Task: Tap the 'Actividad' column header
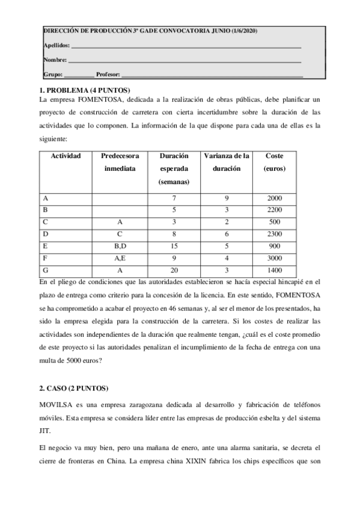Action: click(x=66, y=156)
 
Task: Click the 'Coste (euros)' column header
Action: click(x=274, y=162)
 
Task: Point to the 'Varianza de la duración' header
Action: click(x=227, y=162)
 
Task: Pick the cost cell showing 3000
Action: click(x=274, y=258)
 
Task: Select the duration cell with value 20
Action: click(x=174, y=270)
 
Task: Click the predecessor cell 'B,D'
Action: click(x=120, y=246)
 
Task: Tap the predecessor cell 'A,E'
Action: click(x=120, y=258)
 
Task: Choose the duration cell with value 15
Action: click(x=174, y=246)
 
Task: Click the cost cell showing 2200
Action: click(x=274, y=210)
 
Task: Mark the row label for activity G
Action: click(x=46, y=270)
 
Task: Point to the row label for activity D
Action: click(x=46, y=234)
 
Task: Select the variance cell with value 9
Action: click(x=227, y=198)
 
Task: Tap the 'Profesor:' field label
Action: click(x=108, y=75)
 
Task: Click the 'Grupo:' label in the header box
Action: click(x=53, y=75)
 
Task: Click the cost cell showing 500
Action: click(x=274, y=222)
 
